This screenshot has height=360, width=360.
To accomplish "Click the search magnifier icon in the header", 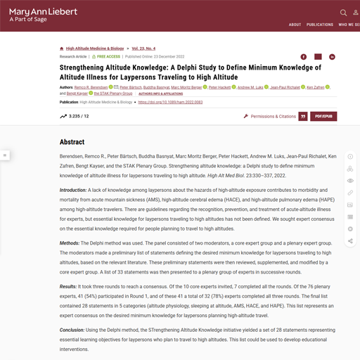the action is point(343,13).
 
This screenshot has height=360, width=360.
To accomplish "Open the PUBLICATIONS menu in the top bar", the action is point(320,25).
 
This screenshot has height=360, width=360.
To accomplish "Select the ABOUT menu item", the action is point(295,25).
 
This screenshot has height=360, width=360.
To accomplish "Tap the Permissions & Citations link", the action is point(269,116).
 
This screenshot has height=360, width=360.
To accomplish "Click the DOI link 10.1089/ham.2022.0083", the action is point(170,102).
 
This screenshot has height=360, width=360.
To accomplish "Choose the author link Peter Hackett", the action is point(220,87).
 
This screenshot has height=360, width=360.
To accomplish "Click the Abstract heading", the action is point(72,141).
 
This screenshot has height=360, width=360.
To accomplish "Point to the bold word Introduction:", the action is point(73,190).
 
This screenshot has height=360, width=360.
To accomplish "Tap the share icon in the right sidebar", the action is point(350,241).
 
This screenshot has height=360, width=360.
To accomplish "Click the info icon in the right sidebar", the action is point(350,157).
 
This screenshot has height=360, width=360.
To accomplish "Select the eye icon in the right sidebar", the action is point(350,181).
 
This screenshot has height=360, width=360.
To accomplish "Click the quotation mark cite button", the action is point(303,116).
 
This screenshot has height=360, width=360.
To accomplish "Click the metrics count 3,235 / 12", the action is point(75,116).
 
